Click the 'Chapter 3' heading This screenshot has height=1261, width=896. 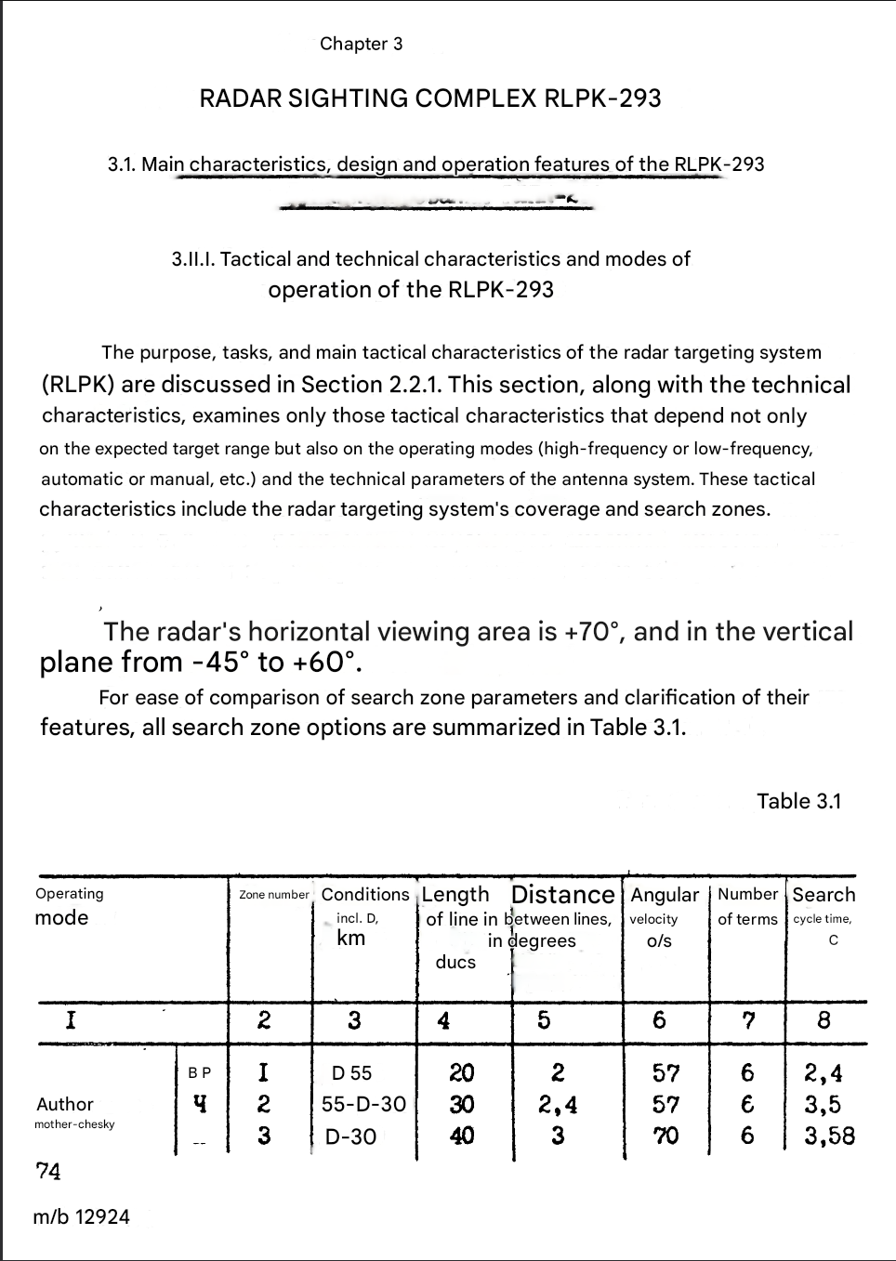pyautogui.click(x=361, y=44)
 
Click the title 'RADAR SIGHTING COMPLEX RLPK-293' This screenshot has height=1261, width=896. pyautogui.click(x=429, y=99)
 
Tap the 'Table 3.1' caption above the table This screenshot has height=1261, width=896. pyautogui.click(x=798, y=801)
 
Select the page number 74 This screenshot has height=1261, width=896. pyautogui.click(x=48, y=1172)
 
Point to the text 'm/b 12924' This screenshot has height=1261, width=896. pyautogui.click(x=81, y=1216)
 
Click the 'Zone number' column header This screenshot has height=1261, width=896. pyautogui.click(x=273, y=895)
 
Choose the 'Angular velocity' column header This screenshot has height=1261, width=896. pyautogui.click(x=664, y=916)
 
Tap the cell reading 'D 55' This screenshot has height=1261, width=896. pyautogui.click(x=351, y=1073)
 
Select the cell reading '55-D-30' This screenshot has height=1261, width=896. pyautogui.click(x=363, y=1104)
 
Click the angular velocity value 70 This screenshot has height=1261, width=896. pyautogui.click(x=665, y=1136)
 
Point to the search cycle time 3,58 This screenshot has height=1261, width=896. pyautogui.click(x=829, y=1136)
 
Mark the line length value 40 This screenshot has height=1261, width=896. pyautogui.click(x=462, y=1136)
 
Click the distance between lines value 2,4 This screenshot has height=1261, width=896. pyautogui.click(x=558, y=1104)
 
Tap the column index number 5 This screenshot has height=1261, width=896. pyautogui.click(x=544, y=1020)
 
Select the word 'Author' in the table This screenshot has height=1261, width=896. pyautogui.click(x=65, y=1104)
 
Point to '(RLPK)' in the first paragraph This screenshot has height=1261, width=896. pyautogui.click(x=78, y=385)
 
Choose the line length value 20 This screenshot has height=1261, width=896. pyautogui.click(x=462, y=1073)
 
